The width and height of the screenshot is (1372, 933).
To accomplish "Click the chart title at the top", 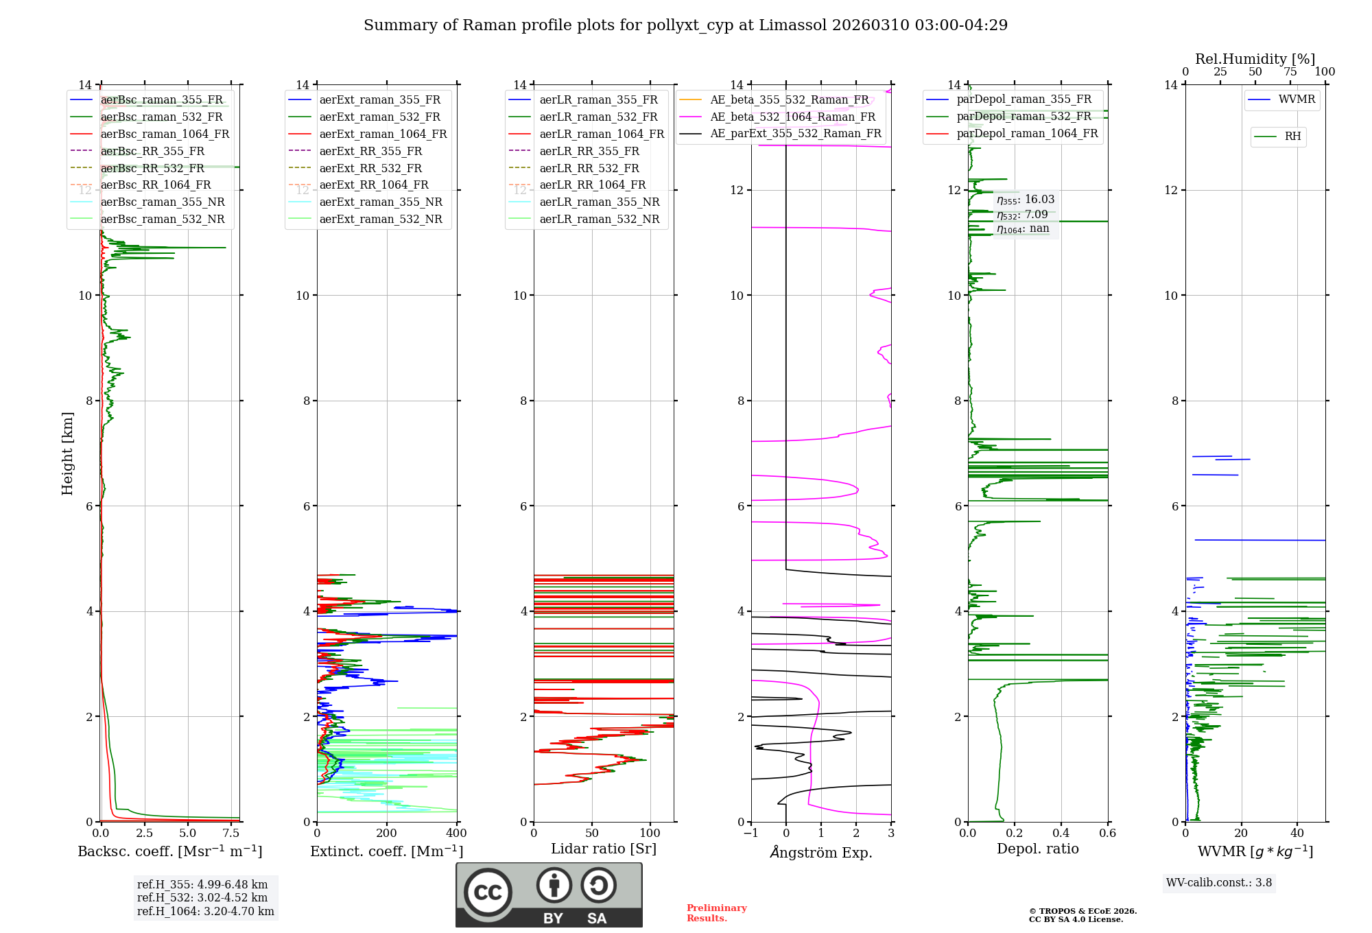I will (x=685, y=25).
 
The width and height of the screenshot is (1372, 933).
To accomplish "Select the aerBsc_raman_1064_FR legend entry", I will (x=165, y=134).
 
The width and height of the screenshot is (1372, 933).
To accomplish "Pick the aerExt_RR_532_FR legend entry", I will (x=370, y=168).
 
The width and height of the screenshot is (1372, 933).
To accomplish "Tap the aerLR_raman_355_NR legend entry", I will (x=599, y=202).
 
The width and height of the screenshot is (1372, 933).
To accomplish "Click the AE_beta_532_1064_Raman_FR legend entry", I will (x=792, y=117).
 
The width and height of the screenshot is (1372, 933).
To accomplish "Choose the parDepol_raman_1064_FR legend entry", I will (x=1027, y=133).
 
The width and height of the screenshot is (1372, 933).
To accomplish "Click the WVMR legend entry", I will (x=1297, y=99).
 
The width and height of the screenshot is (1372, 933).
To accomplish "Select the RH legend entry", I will (x=1292, y=137).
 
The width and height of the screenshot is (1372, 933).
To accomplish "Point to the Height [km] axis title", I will (x=67, y=453).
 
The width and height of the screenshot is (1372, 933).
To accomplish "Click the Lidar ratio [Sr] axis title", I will (x=604, y=849).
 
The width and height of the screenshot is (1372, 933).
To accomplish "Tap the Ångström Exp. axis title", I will (x=821, y=852).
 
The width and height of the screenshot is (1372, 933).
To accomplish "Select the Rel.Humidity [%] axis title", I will (x=1255, y=59).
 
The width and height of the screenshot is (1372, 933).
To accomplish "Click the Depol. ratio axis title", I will (x=1037, y=849).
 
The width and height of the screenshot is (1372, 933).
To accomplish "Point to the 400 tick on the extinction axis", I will (x=457, y=834).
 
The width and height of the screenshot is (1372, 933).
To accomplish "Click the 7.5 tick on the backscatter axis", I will (x=231, y=834).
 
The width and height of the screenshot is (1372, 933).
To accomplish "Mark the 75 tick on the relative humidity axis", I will (x=1290, y=72).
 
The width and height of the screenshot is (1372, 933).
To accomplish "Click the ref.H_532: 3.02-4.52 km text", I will (x=202, y=897).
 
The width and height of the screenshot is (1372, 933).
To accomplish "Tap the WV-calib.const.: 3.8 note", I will (x=1219, y=883).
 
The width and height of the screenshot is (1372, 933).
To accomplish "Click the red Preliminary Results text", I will (x=716, y=913).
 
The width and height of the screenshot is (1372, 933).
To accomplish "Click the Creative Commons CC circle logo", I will (x=488, y=893).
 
